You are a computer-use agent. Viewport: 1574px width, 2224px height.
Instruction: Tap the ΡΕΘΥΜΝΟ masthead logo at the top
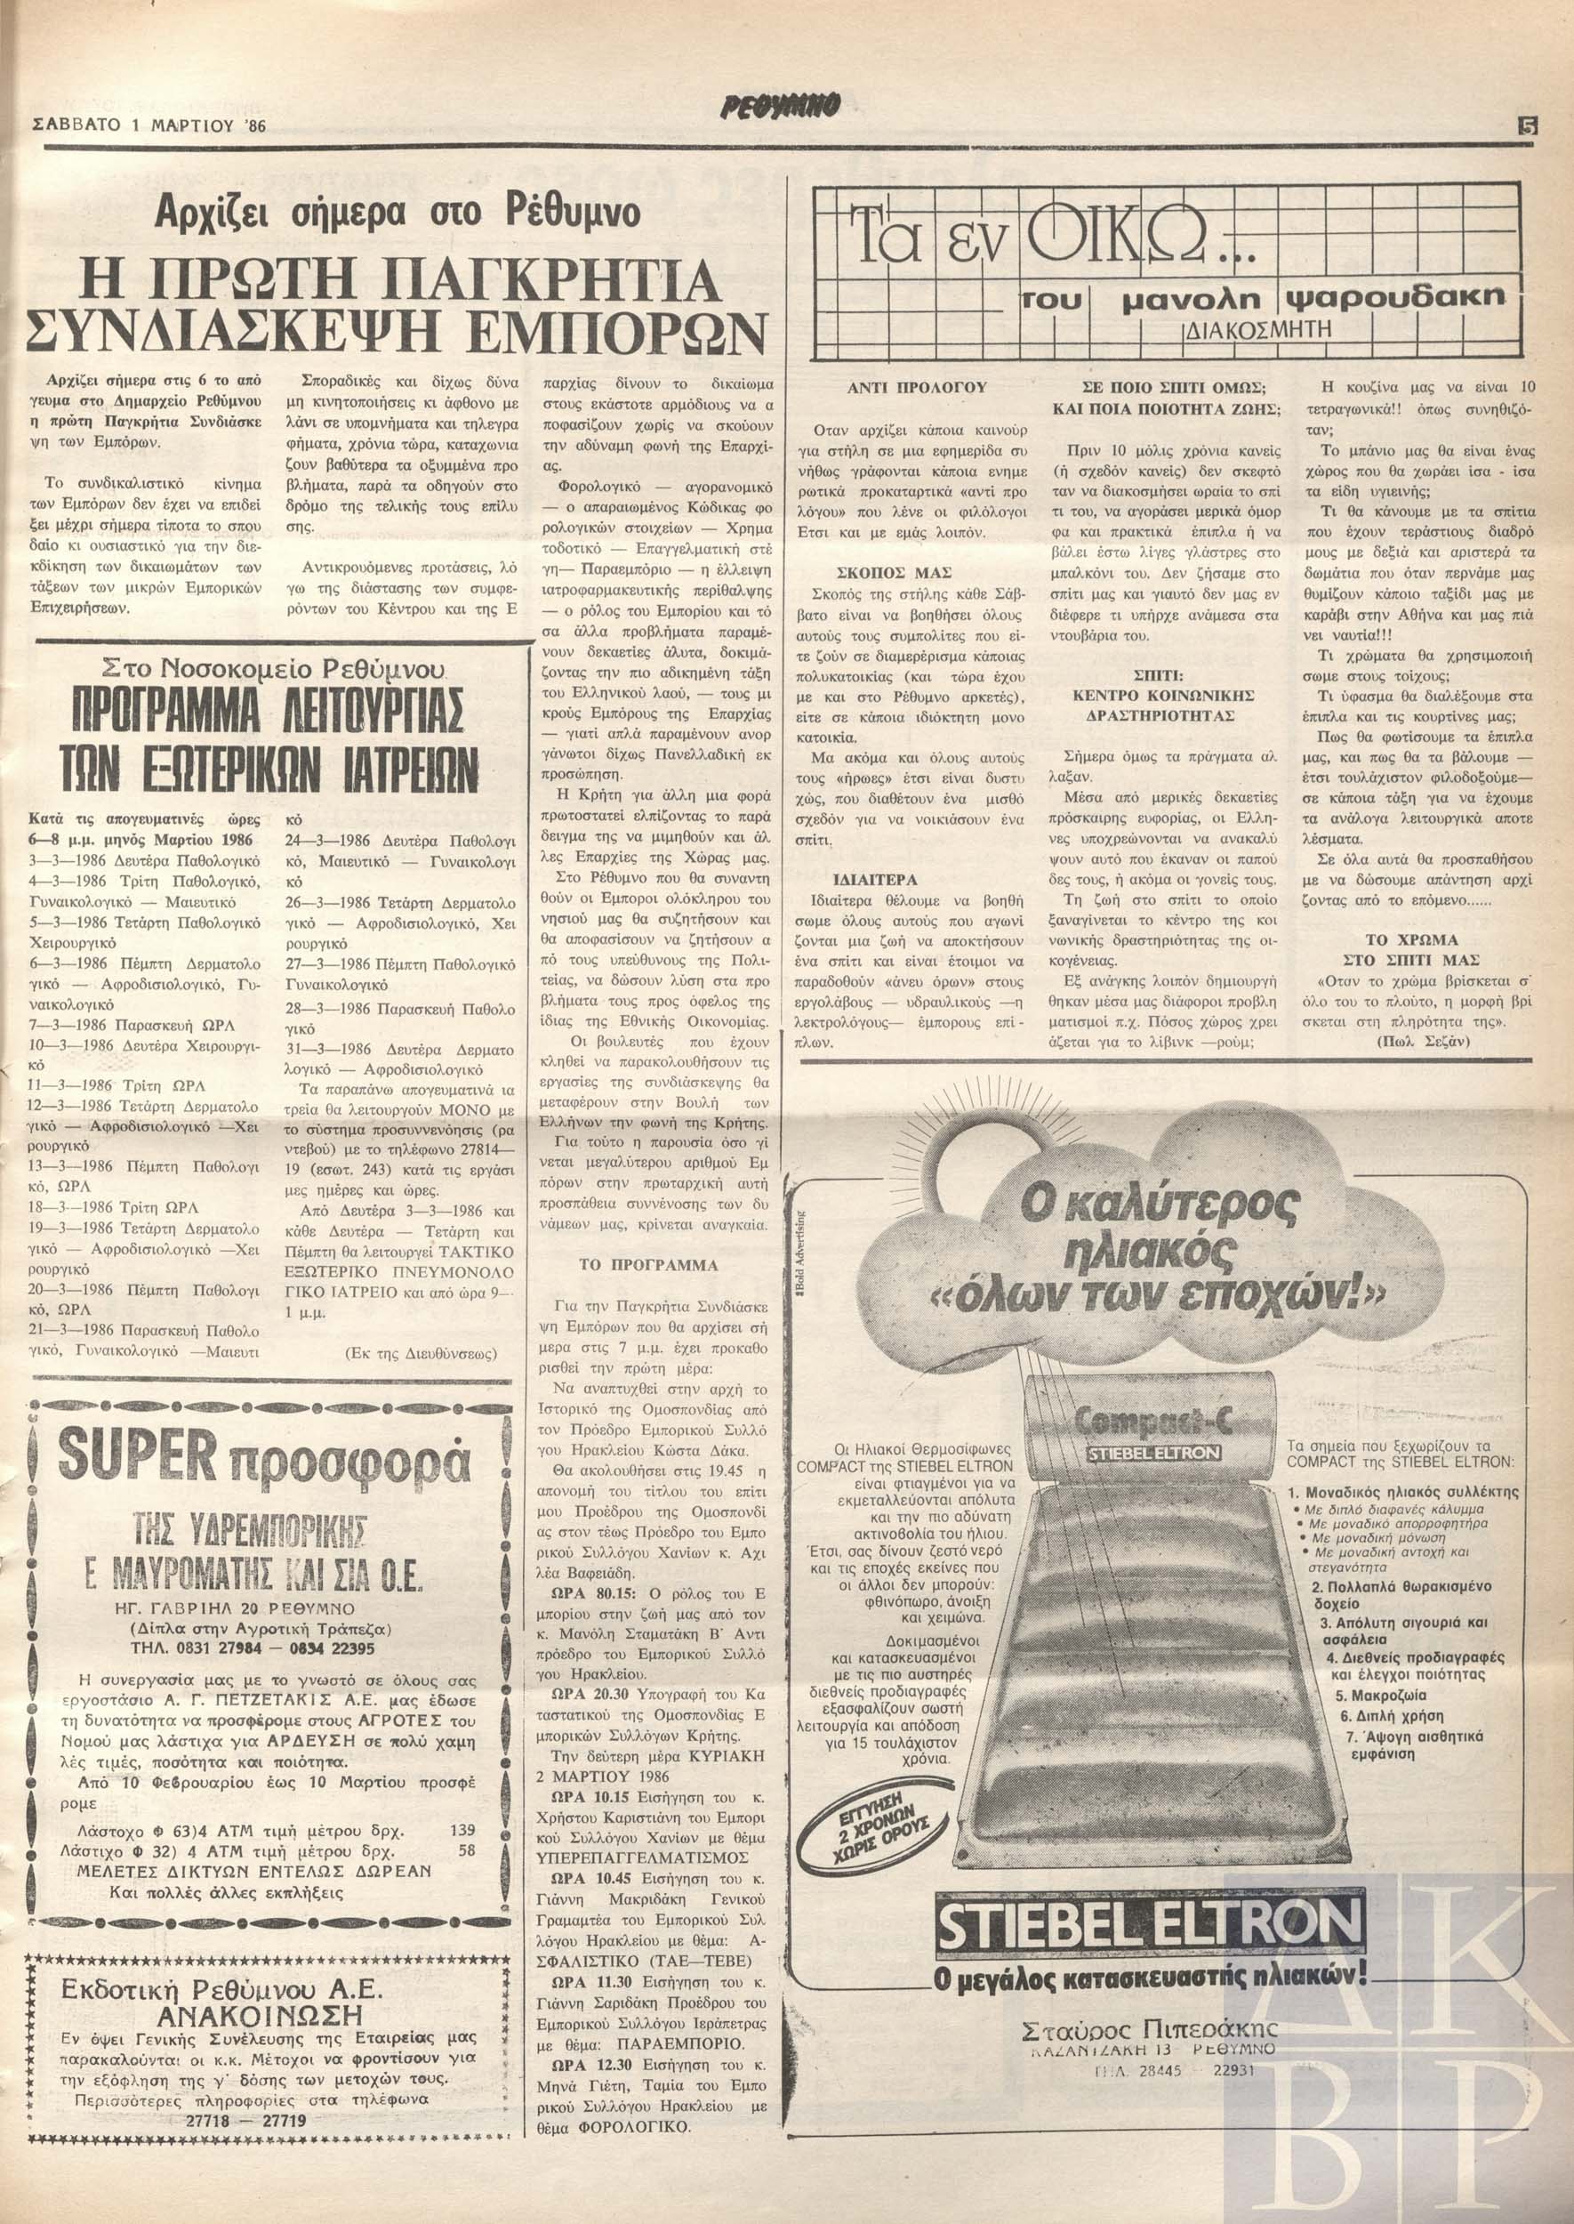coord(785,104)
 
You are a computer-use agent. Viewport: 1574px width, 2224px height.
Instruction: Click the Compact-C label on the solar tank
coord(1146,1426)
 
